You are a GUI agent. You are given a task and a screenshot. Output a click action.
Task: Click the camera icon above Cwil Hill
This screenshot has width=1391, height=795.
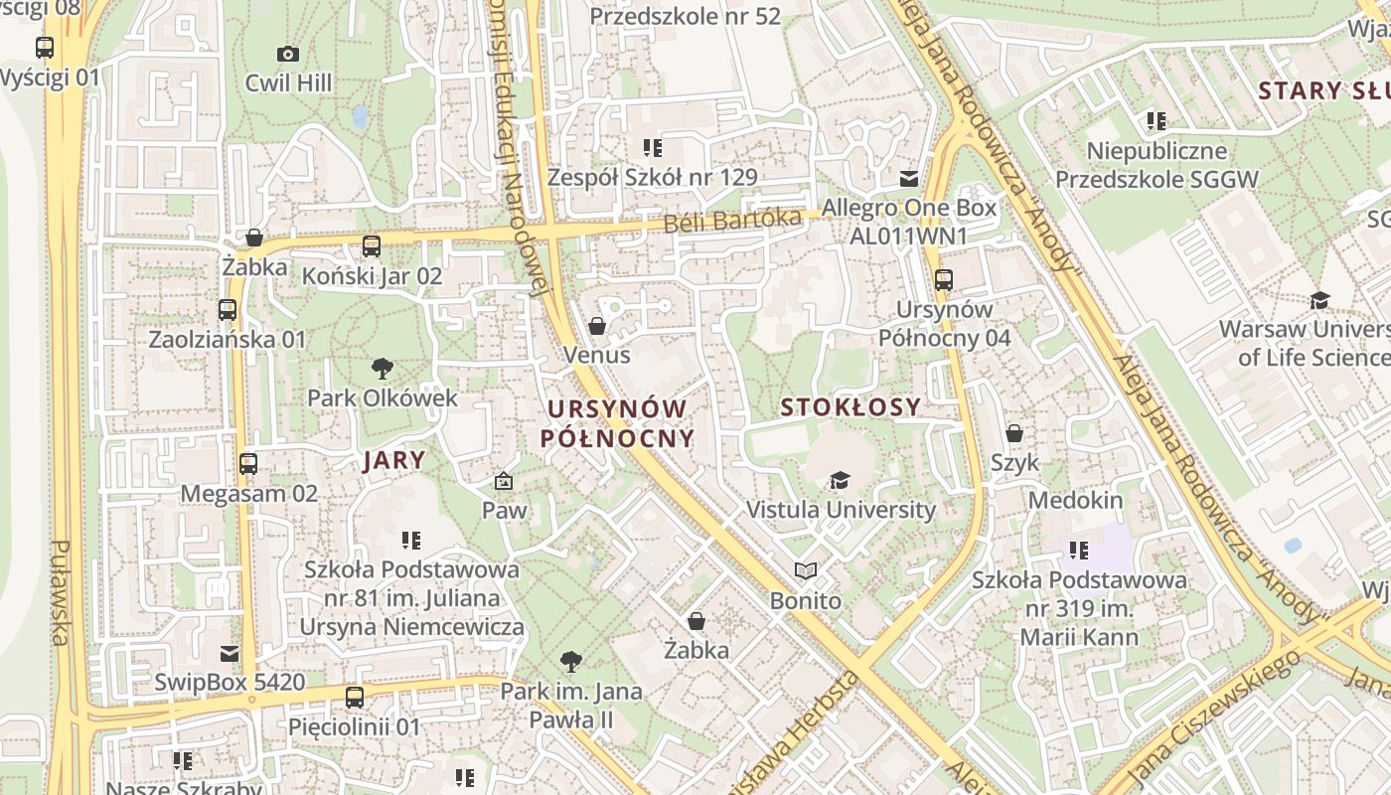click(288, 54)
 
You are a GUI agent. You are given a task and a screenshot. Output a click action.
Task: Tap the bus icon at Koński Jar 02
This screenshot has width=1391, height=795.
click(372, 246)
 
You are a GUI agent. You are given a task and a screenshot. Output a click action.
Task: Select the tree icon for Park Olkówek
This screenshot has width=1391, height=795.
click(382, 370)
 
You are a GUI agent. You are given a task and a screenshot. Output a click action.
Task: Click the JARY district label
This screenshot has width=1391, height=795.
click(394, 460)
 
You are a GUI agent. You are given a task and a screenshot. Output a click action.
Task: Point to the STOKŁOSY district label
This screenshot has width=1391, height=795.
click(850, 406)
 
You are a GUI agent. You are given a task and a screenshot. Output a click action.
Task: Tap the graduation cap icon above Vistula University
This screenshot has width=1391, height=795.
click(841, 481)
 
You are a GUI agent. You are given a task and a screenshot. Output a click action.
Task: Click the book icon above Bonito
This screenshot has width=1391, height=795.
click(806, 571)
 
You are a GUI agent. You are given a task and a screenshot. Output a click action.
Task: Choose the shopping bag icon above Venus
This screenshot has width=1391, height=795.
click(597, 326)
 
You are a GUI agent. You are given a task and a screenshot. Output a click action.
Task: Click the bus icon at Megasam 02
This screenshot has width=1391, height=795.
click(248, 464)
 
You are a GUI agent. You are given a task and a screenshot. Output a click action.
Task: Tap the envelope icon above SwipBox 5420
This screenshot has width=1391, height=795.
click(230, 653)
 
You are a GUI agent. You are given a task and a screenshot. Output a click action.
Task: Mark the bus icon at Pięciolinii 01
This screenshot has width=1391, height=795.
click(355, 698)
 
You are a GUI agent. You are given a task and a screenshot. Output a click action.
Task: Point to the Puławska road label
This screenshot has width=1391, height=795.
click(60, 592)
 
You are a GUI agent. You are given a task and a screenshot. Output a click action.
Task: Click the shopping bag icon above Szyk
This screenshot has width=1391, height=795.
click(1014, 433)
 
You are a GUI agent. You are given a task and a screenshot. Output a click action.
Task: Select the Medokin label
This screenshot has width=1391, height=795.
click(1075, 500)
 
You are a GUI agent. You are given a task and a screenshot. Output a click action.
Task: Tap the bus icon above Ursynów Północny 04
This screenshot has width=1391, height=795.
click(944, 280)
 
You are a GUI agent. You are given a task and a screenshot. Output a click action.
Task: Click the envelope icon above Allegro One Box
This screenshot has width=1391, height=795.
click(908, 179)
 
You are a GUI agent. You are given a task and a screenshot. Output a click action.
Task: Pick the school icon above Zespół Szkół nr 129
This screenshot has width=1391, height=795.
click(652, 148)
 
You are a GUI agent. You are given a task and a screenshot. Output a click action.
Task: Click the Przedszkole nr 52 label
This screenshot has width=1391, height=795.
click(686, 16)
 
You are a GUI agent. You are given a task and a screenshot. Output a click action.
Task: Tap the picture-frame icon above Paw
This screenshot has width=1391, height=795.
click(504, 482)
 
